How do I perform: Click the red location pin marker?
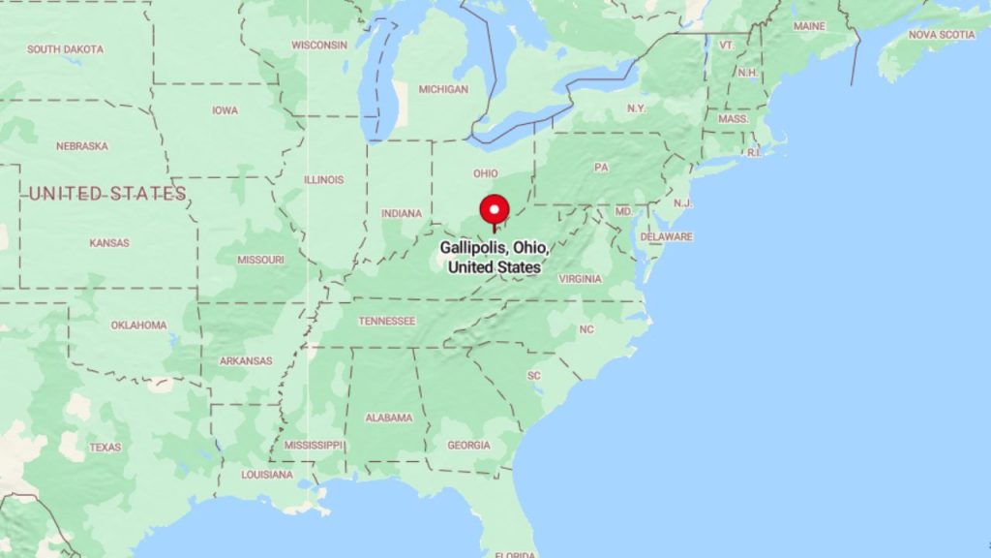click(495, 210)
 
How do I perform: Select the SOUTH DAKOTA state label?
click(67, 48)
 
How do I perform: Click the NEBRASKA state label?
click(81, 146)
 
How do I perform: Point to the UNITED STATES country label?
click(106, 195)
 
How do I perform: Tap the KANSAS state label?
click(109, 243)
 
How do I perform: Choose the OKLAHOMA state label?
click(138, 325)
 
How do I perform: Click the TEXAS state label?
click(105, 448)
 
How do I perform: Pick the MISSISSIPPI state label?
click(314, 446)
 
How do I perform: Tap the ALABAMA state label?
click(388, 418)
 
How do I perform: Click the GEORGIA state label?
click(468, 446)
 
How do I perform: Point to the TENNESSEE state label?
click(386, 321)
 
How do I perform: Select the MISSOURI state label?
click(260, 260)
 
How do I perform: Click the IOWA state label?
click(225, 110)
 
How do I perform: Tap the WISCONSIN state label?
click(319, 45)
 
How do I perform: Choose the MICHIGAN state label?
click(443, 89)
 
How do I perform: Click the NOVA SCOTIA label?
click(942, 35)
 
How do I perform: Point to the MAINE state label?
click(809, 26)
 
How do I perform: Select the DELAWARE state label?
click(666, 236)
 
